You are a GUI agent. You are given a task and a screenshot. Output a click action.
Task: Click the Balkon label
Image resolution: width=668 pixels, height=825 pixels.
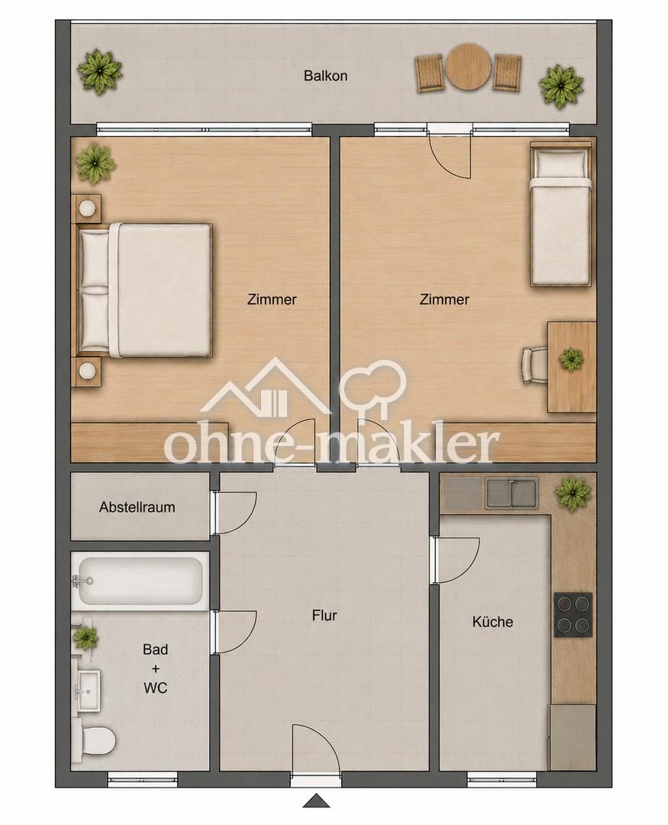325,75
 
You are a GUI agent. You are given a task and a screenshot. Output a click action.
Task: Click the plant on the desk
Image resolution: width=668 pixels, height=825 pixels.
571,359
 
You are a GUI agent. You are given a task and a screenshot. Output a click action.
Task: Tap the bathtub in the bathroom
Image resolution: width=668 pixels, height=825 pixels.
140,581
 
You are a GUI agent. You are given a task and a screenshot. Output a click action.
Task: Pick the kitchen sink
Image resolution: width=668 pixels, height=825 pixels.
511,493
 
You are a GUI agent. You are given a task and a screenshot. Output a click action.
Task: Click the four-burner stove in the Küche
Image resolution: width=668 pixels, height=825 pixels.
573,614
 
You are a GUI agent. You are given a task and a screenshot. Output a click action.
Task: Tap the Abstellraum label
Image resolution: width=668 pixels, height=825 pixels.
137,507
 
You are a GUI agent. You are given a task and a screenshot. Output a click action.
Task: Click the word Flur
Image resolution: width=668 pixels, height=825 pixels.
324,615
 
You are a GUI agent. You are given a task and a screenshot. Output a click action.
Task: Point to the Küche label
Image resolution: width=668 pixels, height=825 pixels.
492,621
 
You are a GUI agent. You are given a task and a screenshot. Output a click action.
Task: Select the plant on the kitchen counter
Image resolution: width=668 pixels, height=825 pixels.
573,492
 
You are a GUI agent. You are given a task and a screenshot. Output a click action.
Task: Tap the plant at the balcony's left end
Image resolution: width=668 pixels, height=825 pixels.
100,72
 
